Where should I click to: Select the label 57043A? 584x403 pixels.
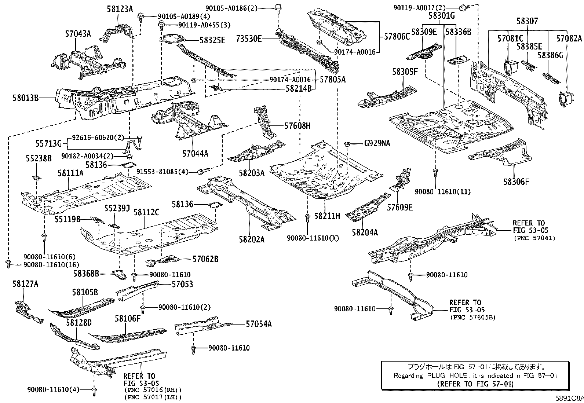(x=78, y=34)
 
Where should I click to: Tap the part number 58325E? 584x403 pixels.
(x=212, y=40)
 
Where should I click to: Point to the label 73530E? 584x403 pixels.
(x=249, y=39)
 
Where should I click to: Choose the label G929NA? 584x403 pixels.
(x=377, y=143)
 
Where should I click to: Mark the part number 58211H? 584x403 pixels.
(x=327, y=216)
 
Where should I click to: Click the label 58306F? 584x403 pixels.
(x=516, y=181)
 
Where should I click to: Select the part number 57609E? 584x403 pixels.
(x=400, y=208)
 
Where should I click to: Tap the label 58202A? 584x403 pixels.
(x=252, y=239)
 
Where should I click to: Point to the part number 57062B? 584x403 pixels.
(x=205, y=259)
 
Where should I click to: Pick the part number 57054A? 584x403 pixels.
(x=259, y=324)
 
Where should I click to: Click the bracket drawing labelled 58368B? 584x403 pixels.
(x=118, y=274)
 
